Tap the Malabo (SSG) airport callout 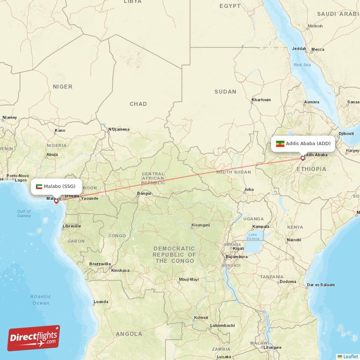click(56, 186)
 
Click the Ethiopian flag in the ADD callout click(280, 144)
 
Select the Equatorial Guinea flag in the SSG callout click(39, 186)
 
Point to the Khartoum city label click(261, 99)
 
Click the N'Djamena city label click(119, 130)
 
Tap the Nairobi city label click(294, 240)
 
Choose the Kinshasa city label click(120, 270)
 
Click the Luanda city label click(100, 301)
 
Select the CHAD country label click(138, 104)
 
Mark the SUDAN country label click(225, 92)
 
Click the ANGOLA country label click(129, 334)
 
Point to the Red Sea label click(302, 65)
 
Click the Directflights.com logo click(34, 338)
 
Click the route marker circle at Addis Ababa click(303, 158)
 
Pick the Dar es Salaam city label click(321, 284)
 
